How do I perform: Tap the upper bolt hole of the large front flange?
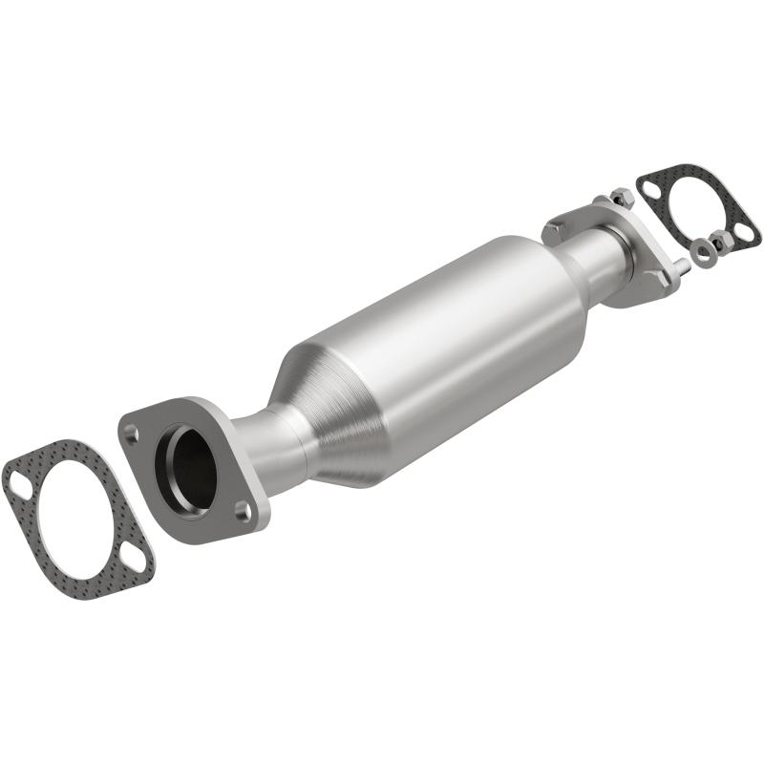(131, 433)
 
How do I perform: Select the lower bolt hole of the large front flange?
(244, 512)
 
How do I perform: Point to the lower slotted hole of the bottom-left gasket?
(136, 562)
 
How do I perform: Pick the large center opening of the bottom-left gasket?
(76, 520)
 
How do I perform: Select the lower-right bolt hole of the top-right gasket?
(743, 232)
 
